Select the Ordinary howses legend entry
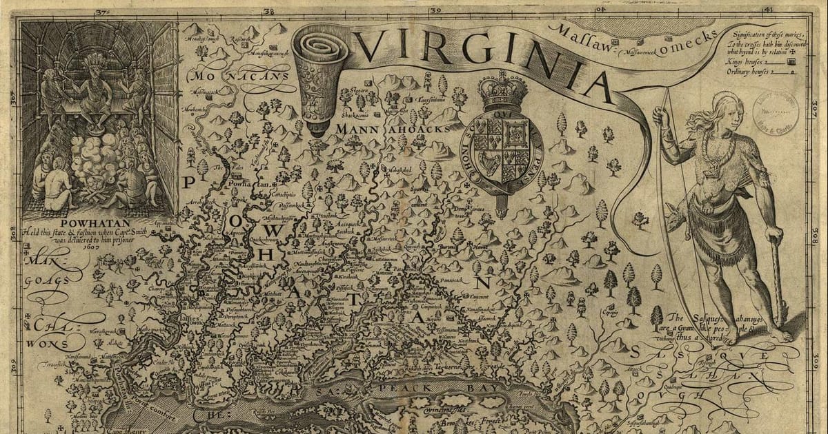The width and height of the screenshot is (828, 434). tap(759, 70)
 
